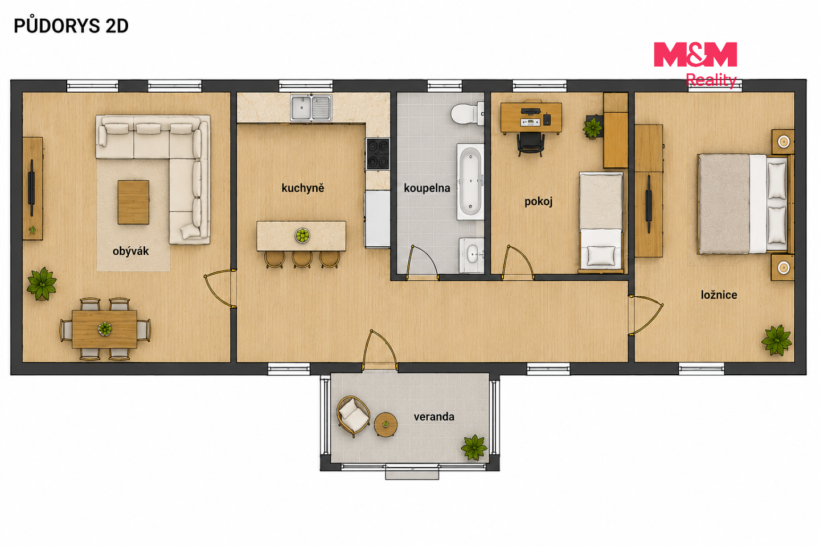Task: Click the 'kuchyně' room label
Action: coord(303,188)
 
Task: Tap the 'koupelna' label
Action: coord(427,188)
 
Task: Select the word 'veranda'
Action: coord(434,416)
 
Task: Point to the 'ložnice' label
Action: coord(719,295)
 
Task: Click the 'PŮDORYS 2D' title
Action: coord(71,26)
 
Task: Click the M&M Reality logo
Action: coord(695,65)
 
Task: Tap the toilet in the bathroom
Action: coord(467,114)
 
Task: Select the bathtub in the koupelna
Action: coord(470,182)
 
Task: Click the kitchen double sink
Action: coord(311,107)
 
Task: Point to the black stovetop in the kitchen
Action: coord(378,154)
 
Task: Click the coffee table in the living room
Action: coord(133,202)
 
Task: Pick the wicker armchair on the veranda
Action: coord(353,416)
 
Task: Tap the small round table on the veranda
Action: coord(386,425)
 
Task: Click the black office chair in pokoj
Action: coord(531,144)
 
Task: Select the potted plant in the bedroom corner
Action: coord(776,340)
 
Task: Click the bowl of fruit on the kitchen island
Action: coord(302,235)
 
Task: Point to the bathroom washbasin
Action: coord(471,255)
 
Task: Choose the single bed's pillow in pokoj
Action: coord(601,255)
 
